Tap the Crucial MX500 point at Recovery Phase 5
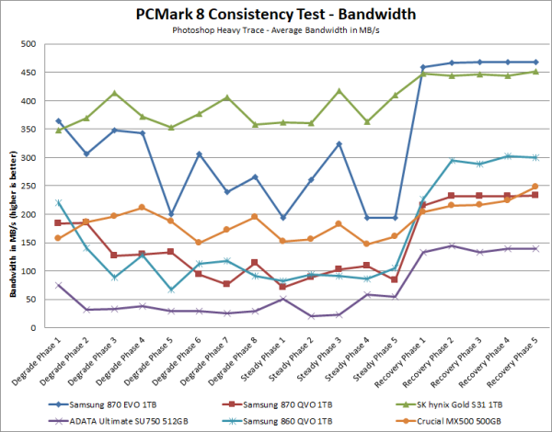tap(535, 187)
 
